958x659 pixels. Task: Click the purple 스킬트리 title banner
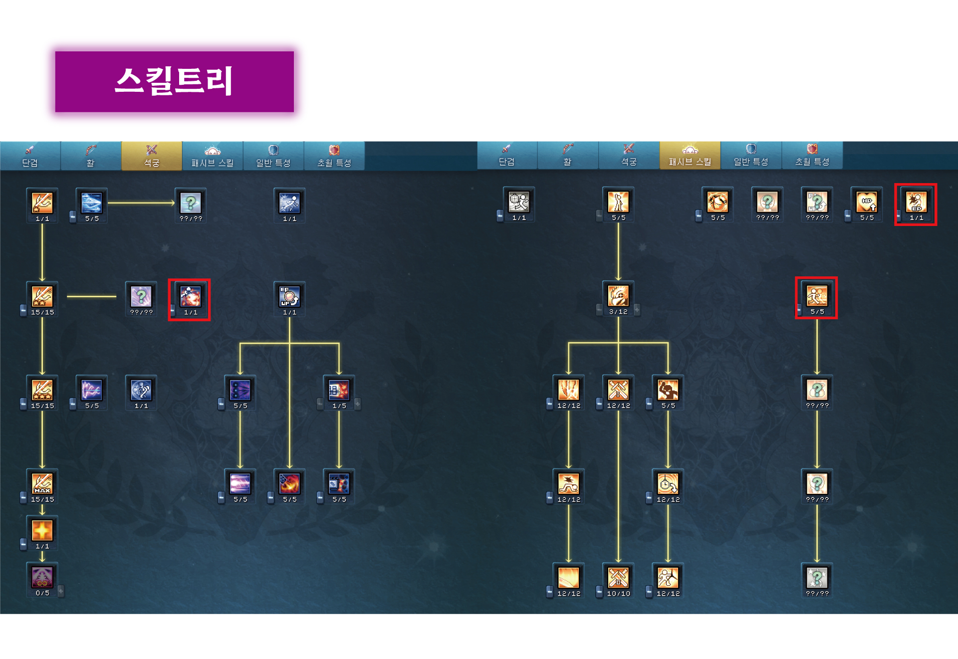174,81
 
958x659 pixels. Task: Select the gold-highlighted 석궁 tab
152,156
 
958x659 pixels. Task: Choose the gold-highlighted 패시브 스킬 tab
690,156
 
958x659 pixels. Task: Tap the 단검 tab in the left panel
30,156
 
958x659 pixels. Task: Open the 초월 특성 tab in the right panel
812,156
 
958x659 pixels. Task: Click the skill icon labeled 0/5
42,577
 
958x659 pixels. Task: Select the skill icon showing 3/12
618,296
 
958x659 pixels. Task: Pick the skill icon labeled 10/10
618,577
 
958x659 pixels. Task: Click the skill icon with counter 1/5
339,390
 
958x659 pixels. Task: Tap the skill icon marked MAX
42,483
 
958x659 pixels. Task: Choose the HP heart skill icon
867,202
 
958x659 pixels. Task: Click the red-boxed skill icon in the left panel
190,297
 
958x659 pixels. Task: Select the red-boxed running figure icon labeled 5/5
817,296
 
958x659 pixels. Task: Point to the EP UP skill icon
289,296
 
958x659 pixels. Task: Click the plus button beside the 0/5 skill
61,591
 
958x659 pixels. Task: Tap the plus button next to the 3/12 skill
637,310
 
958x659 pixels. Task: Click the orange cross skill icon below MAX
42,530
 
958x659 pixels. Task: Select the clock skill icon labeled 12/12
668,483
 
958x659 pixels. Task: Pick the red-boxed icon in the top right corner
916,202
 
